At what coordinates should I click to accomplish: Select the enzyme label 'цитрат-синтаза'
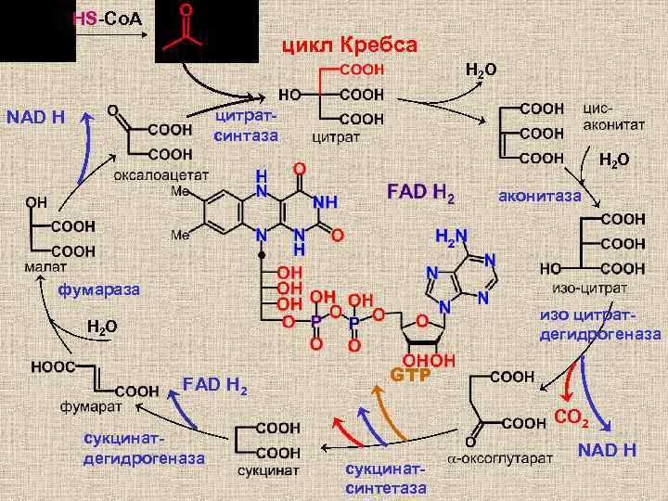[246, 127]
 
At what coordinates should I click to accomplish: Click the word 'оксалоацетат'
[161, 174]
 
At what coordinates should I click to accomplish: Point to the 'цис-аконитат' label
[609, 116]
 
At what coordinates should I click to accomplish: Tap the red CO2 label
[572, 419]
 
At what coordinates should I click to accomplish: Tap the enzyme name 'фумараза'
[99, 290]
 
